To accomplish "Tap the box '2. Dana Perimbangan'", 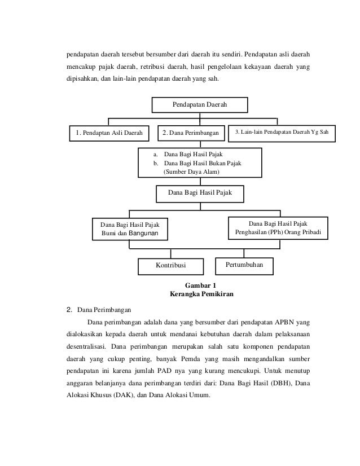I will pos(190,134).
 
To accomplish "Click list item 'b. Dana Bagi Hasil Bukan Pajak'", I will pos(200,162).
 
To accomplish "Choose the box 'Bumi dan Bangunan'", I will pos(130,232).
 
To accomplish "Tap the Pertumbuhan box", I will pos(244,264).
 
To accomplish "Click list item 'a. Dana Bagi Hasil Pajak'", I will pos(190,153).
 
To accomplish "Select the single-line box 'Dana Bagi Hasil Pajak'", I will pos(200,193).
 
